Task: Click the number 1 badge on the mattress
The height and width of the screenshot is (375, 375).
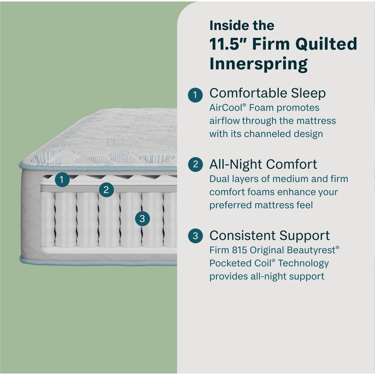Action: [62, 180]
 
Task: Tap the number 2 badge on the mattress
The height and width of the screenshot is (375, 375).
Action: [106, 190]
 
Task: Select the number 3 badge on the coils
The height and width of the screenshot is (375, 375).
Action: [142, 218]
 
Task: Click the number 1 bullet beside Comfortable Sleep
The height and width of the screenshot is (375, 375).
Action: [195, 94]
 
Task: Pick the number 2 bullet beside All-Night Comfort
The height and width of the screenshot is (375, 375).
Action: [195, 165]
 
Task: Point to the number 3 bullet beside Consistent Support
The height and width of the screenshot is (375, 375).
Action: [195, 236]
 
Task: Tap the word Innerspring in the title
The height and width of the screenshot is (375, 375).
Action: [258, 64]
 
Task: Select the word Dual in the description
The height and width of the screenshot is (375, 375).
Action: [218, 179]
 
